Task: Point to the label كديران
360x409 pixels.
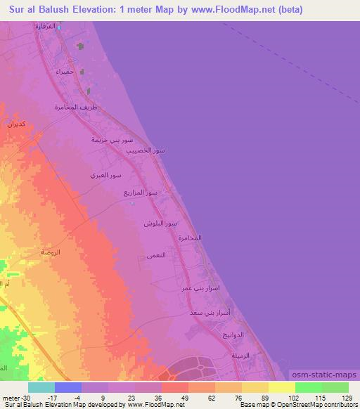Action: click(15, 124)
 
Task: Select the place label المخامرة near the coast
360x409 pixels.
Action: click(189, 238)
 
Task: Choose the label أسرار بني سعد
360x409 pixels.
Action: click(211, 311)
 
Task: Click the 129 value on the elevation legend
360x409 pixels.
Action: click(349, 398)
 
